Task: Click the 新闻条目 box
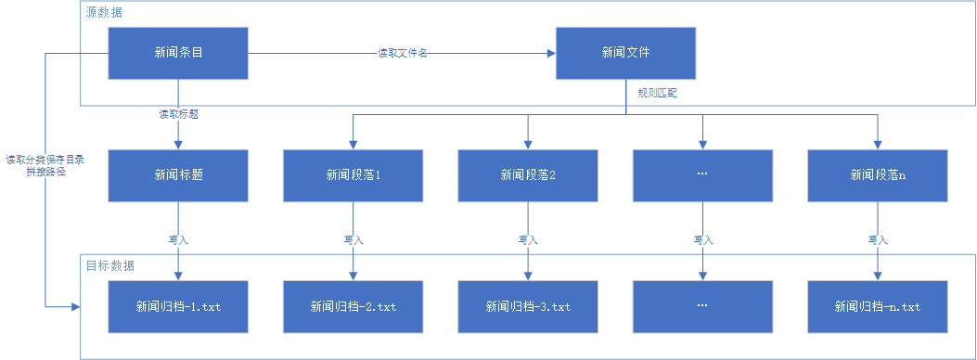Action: click(178, 53)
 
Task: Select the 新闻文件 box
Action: click(625, 53)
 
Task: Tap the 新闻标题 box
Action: click(178, 174)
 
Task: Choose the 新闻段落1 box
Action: click(353, 174)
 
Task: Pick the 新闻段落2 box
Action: click(527, 174)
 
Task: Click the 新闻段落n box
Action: click(877, 174)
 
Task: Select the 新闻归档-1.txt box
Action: click(178, 305)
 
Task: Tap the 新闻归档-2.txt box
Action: click(353, 305)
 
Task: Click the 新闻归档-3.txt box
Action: click(527, 305)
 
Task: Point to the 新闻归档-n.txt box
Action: click(877, 305)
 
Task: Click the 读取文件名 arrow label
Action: click(402, 54)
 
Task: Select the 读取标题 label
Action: click(178, 115)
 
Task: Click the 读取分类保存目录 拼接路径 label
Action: click(45, 166)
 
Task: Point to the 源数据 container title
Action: click(103, 13)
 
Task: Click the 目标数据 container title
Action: click(110, 265)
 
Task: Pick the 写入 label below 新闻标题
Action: click(178, 239)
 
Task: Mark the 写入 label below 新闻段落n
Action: click(877, 239)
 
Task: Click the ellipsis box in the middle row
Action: click(701, 174)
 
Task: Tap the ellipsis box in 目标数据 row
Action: click(701, 305)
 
